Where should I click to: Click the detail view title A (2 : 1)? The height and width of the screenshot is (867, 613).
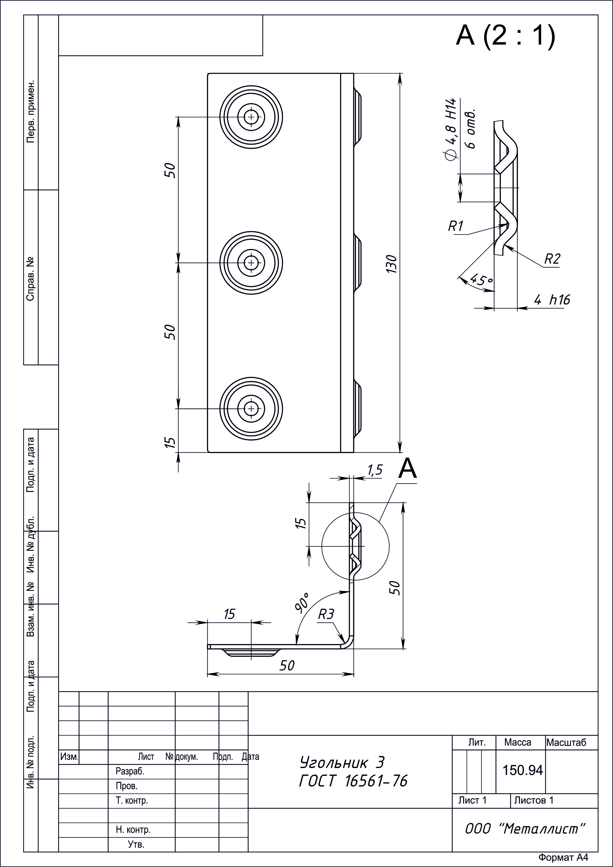point(506,36)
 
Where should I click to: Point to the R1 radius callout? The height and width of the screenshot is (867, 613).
point(455,226)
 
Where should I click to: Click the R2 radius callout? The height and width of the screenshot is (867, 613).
point(552,259)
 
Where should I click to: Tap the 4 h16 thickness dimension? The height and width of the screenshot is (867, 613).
point(552,300)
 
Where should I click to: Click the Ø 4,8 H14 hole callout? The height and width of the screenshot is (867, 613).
point(451,130)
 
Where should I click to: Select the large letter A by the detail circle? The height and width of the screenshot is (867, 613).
point(408,469)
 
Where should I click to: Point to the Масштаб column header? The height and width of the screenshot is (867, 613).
point(566,743)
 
